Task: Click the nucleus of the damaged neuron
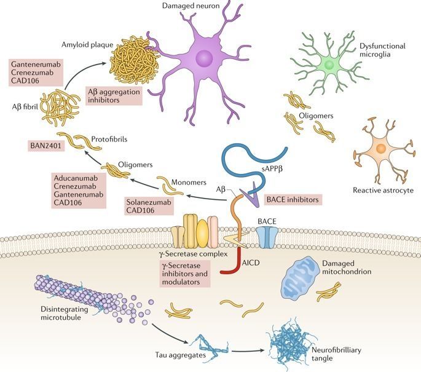pyautogui.click(x=204, y=58)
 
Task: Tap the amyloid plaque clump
pyautogui.click(x=134, y=59)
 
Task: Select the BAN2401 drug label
pyautogui.click(x=46, y=146)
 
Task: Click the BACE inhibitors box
pyautogui.click(x=293, y=200)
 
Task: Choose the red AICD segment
pyautogui.click(x=230, y=261)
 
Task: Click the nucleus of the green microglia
pyautogui.click(x=329, y=65)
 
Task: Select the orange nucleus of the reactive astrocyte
pyautogui.click(x=381, y=148)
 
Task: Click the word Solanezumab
pyautogui.click(x=149, y=202)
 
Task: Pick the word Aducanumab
pyautogui.click(x=76, y=178)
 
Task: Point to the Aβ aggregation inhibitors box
pyautogui.click(x=114, y=96)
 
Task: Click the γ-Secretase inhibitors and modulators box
pyautogui.click(x=185, y=274)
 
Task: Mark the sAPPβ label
pyautogui.click(x=272, y=169)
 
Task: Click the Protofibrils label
pyautogui.click(x=109, y=139)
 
